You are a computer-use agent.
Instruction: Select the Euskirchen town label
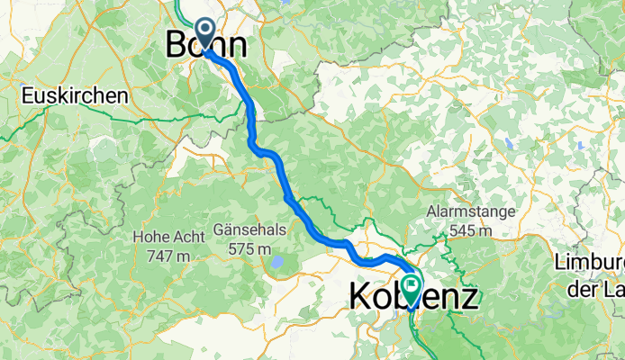click(x=77, y=95)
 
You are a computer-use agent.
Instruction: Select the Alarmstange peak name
click(x=472, y=212)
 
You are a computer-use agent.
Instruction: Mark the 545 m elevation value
click(x=472, y=230)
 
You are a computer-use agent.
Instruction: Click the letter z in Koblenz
click(x=468, y=298)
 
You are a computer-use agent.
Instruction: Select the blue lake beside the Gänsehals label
click(x=278, y=263)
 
